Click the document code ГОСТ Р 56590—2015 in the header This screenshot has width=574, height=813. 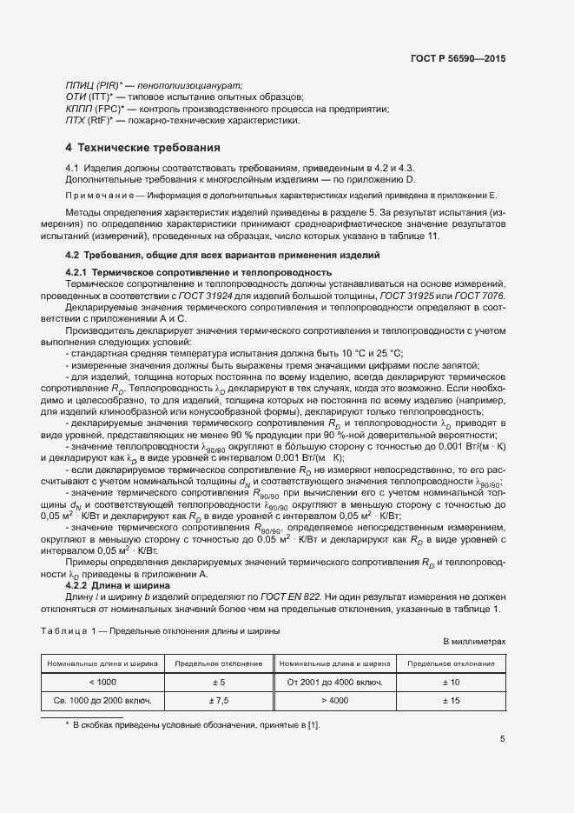point(458,58)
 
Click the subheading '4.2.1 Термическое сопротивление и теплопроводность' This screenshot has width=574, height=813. point(199,272)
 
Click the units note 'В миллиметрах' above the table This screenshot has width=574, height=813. point(474,641)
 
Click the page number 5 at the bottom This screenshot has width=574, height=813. point(502,740)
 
